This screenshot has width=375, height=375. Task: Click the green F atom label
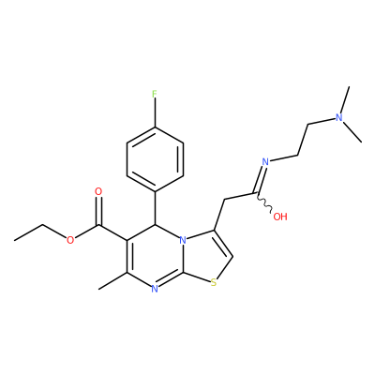155,94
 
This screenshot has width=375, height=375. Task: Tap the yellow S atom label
214,283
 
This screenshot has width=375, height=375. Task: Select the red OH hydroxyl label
280,217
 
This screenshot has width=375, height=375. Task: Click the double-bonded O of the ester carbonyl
98,191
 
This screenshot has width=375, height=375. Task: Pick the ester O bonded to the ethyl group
70,240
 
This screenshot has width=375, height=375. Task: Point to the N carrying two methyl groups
338,117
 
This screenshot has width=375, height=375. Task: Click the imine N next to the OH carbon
265,161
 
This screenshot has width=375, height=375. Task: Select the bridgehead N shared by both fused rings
183,240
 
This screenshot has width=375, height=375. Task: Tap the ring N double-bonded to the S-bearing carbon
155,289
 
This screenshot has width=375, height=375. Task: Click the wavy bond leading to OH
265,202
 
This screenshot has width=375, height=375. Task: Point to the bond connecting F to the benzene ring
155,112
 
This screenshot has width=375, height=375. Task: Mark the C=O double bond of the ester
98,211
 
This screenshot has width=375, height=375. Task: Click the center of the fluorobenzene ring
155,159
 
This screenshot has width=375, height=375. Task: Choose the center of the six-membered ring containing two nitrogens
155,256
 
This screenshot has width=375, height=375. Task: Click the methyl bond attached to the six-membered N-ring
112,280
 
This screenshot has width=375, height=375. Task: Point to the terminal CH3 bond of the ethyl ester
29,232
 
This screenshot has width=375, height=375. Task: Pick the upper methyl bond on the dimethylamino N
345,100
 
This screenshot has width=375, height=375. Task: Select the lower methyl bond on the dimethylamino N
352,132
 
